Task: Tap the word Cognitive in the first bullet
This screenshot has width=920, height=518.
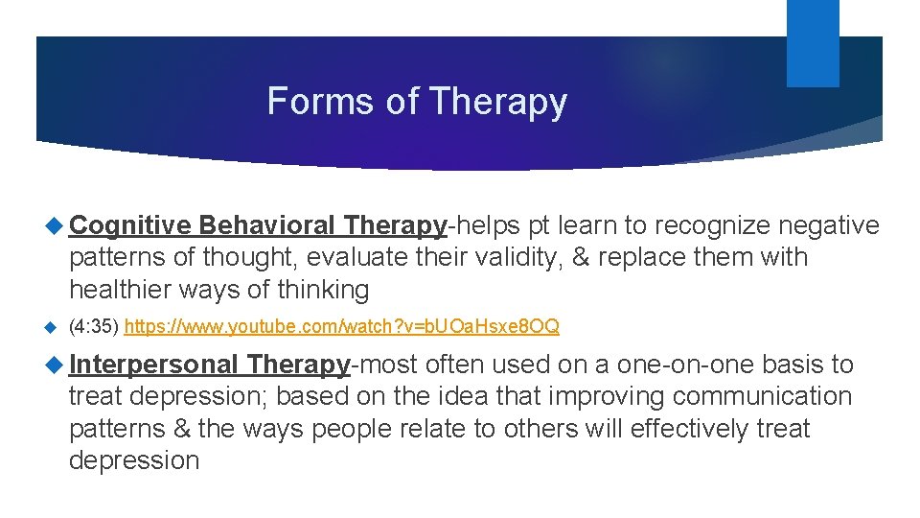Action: pyautogui.click(x=131, y=225)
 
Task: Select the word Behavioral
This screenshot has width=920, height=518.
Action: pyautogui.click(x=268, y=225)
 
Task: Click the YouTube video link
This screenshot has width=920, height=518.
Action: pyautogui.click(x=342, y=327)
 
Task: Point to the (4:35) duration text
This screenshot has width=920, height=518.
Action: pyautogui.click(x=93, y=327)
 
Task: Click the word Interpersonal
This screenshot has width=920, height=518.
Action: pyautogui.click(x=153, y=365)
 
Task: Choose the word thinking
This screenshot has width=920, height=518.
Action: pyautogui.click(x=323, y=289)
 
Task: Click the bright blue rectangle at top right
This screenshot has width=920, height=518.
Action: pyautogui.click(x=813, y=42)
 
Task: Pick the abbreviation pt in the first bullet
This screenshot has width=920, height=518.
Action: pyautogui.click(x=539, y=225)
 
